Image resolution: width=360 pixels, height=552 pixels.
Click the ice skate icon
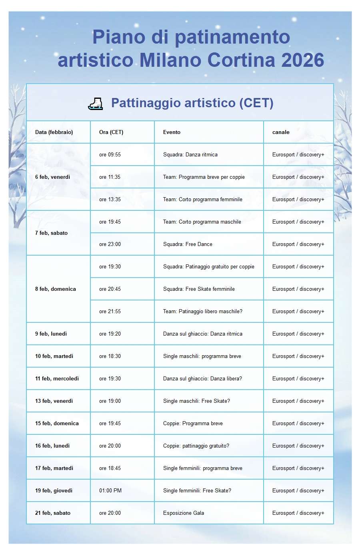point(95,104)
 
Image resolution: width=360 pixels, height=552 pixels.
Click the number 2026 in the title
point(302,60)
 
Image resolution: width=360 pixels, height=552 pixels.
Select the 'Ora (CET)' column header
point(111,132)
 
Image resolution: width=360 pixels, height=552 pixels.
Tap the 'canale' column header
point(281,132)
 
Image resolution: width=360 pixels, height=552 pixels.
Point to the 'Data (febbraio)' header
point(54,132)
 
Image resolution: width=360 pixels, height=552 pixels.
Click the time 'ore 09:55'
point(110,154)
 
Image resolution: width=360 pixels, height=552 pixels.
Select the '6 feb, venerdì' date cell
point(52,177)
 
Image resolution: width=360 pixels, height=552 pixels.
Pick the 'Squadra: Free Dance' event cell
point(188,244)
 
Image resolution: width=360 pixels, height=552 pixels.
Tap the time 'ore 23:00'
point(110,244)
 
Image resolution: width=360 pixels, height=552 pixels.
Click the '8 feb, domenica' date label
point(55,289)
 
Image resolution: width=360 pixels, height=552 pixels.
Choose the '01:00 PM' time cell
point(110,490)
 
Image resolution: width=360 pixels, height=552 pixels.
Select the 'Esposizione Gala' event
point(184,513)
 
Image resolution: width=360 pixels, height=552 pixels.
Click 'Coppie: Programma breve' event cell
point(193,423)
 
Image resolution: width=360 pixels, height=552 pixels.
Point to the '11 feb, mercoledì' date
point(57,378)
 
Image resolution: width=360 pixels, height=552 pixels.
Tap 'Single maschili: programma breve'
point(202,356)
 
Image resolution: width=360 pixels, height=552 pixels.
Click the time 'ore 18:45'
point(110,468)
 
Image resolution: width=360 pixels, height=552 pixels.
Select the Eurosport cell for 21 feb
point(298,513)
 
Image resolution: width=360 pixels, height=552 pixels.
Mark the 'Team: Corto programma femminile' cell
point(202,199)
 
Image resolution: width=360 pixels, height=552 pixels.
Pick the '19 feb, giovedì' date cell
point(54,490)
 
